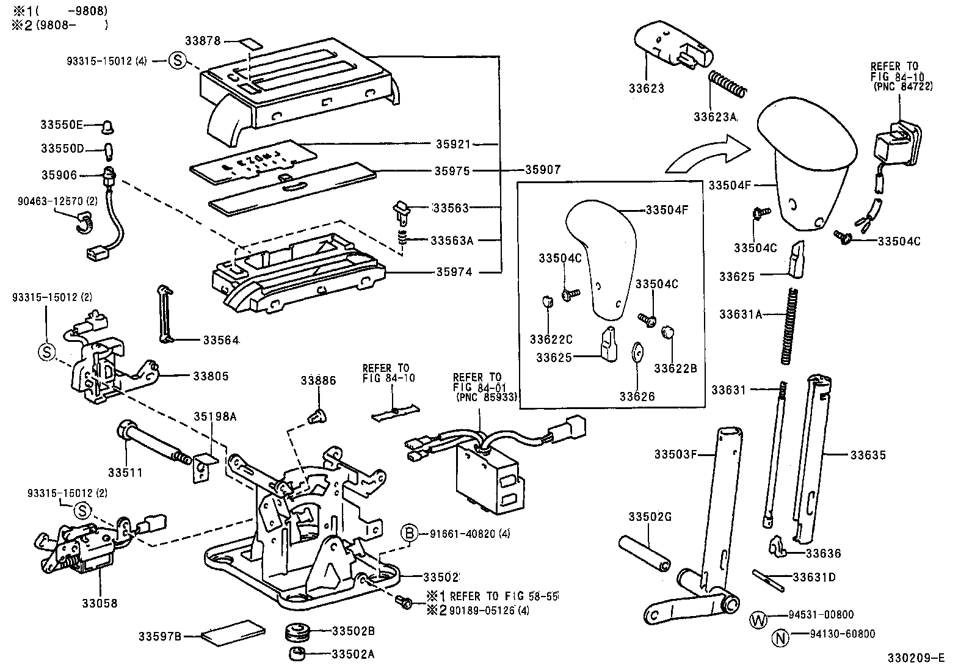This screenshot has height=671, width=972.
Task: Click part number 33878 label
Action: click(203, 40)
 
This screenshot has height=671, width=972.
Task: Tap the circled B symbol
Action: click(409, 534)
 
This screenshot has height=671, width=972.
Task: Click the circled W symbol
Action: click(757, 619)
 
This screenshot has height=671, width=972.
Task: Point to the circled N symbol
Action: click(780, 638)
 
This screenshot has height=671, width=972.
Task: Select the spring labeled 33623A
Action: click(727, 84)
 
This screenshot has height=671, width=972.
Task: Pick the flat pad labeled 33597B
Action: click(234, 633)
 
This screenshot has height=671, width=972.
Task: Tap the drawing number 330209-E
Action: click(916, 658)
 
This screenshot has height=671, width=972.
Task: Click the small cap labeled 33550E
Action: click(108, 126)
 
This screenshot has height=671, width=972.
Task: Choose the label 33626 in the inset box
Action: click(637, 396)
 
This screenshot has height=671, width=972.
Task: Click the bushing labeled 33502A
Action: click(297, 655)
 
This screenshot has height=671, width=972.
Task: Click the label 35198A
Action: click(214, 416)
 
